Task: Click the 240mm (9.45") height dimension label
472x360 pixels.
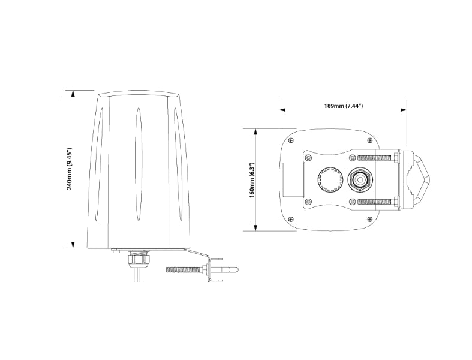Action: pyautogui.click(x=70, y=169)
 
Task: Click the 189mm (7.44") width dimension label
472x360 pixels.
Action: pyautogui.click(x=343, y=106)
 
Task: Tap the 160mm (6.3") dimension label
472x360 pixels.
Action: pyautogui.click(x=252, y=179)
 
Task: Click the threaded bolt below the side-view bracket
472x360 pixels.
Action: pyautogui.click(x=185, y=269)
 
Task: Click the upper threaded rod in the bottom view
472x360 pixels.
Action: pyautogui.click(x=376, y=158)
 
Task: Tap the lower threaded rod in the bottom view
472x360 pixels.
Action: pyautogui.click(x=376, y=201)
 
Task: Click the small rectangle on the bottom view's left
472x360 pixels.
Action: pyautogui.click(x=292, y=179)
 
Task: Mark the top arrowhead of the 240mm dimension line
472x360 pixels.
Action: pyautogui.click(x=73, y=94)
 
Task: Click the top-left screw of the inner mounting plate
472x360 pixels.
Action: pyautogui.click(x=308, y=157)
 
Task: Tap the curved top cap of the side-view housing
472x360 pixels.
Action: pyautogui.click(x=139, y=94)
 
